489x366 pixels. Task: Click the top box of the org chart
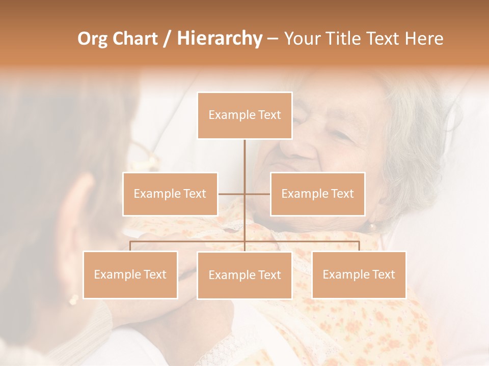tap(244, 115)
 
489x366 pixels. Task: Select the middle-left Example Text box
tap(170, 194)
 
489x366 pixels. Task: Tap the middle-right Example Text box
tap(317, 194)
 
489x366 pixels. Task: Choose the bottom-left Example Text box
tap(130, 274)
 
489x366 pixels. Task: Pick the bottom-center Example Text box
tap(244, 275)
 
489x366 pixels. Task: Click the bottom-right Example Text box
tap(359, 274)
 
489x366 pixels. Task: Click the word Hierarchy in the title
tap(220, 39)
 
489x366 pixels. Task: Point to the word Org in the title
tap(93, 39)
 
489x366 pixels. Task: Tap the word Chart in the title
tap(135, 39)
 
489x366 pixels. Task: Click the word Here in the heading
tap(424, 39)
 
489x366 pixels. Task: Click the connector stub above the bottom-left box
tap(130, 246)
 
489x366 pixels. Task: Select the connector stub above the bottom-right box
tap(359, 246)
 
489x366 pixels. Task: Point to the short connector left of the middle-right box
tap(258, 194)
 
